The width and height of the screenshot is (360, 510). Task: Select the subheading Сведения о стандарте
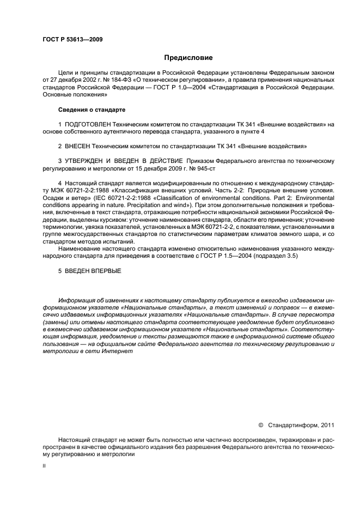pos(84,110)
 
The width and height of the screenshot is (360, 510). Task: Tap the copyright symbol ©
pos(260,424)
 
